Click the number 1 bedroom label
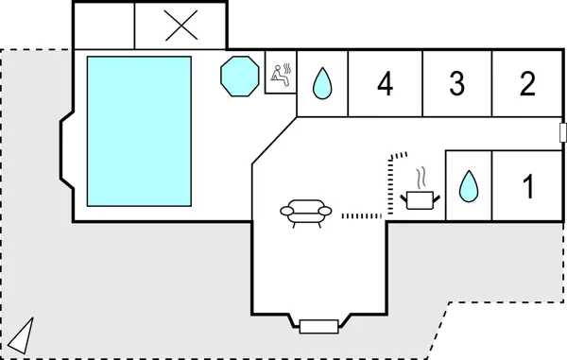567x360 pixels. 528,187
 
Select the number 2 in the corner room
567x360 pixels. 527,84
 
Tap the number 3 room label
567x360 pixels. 457,84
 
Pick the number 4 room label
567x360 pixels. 385,84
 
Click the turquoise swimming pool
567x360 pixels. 139,131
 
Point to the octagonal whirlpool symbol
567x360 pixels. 239,75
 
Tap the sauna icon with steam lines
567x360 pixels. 281,75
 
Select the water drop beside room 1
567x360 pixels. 468,186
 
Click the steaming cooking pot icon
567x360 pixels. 419,197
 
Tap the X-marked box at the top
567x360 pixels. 178,26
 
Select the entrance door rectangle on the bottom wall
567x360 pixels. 318,327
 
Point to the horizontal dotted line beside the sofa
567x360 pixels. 361,216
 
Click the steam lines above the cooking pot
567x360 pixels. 423,177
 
